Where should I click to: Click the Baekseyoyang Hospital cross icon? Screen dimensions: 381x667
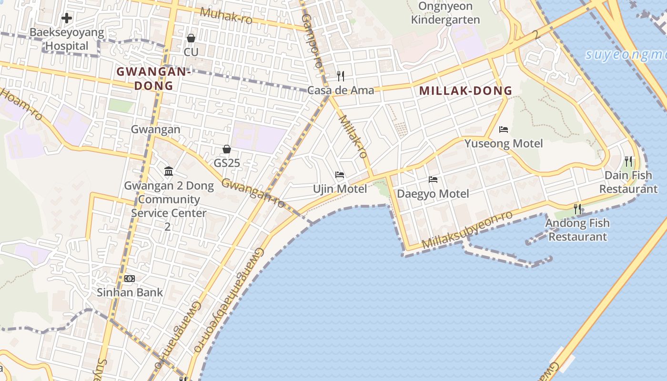tap(67, 19)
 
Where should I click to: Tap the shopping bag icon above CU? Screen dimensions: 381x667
tap(191, 38)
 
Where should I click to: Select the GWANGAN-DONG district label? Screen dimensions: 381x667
tap(153, 79)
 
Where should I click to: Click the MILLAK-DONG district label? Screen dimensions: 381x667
tap(465, 90)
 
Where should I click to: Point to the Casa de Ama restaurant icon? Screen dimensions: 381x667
tap(341, 76)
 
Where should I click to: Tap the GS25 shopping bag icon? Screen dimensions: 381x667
tap(227, 149)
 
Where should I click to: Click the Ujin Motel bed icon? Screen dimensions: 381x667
tap(340, 175)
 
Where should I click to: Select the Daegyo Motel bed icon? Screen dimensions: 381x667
tap(433, 180)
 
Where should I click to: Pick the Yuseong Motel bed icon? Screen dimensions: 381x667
tap(504, 130)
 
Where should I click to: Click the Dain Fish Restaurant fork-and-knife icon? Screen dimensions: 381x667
tap(628, 161)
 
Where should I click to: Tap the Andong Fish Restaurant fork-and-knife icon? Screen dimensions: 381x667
tap(577, 209)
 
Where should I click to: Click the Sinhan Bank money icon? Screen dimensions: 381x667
tap(130, 278)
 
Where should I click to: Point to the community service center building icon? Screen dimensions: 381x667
tap(169, 171)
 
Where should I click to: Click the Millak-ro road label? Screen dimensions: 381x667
tap(353, 136)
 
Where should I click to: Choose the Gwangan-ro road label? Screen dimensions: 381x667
tap(253, 193)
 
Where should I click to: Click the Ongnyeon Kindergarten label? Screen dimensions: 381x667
tap(445, 13)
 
